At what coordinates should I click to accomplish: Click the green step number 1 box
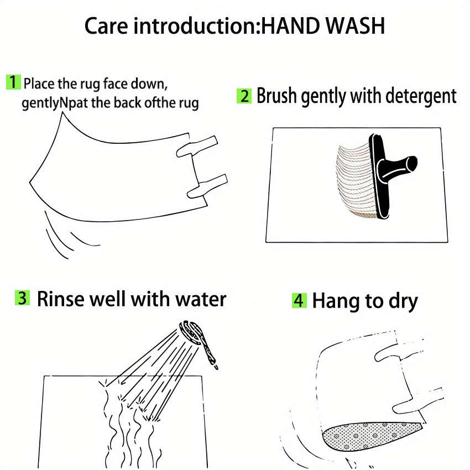(13, 82)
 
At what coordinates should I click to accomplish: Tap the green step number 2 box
(244, 96)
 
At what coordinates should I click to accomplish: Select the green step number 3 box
(22, 298)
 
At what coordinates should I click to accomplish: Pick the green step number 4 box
(299, 300)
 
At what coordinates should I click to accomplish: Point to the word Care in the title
(106, 26)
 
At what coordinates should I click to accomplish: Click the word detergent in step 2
(421, 97)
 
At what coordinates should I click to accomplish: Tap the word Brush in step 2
(276, 96)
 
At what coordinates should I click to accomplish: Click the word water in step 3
(201, 300)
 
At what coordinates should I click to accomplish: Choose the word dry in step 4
(403, 301)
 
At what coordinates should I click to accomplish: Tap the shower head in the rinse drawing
(192, 332)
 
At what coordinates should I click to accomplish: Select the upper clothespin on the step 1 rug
(197, 147)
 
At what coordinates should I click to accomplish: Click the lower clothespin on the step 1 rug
(207, 186)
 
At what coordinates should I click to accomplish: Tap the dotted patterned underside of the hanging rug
(369, 435)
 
